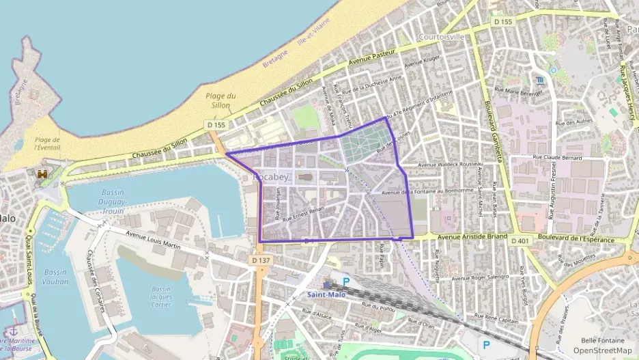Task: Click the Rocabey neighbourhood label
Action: click(x=272, y=177)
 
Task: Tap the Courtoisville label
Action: click(x=441, y=36)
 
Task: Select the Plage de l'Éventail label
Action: click(x=48, y=143)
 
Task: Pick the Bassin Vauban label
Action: click(x=56, y=276)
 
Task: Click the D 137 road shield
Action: click(x=260, y=260)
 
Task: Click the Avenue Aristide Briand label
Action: click(x=472, y=236)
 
